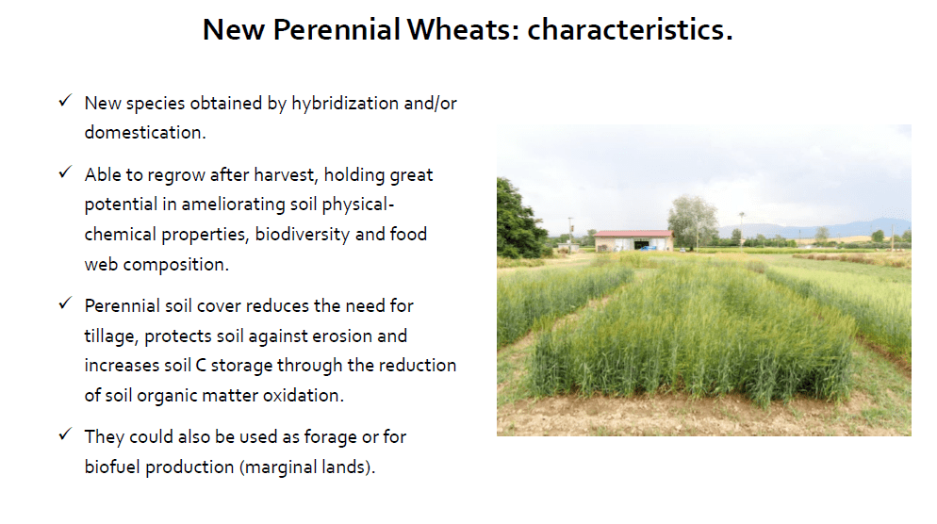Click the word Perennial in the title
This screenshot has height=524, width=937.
tap(337, 29)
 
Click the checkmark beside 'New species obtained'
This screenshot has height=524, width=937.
tap(65, 101)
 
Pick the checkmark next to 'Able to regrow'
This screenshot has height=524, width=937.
tap(65, 172)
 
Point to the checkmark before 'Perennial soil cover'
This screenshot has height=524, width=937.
tap(65, 303)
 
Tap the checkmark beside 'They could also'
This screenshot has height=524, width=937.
tap(65, 434)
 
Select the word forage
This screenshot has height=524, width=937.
tap(331, 437)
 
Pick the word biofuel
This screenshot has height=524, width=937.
tap(112, 467)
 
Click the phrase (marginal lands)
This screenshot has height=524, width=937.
tap(305, 467)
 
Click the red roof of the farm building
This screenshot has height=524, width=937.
tap(633, 234)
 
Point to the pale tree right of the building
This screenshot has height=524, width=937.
tap(693, 221)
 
